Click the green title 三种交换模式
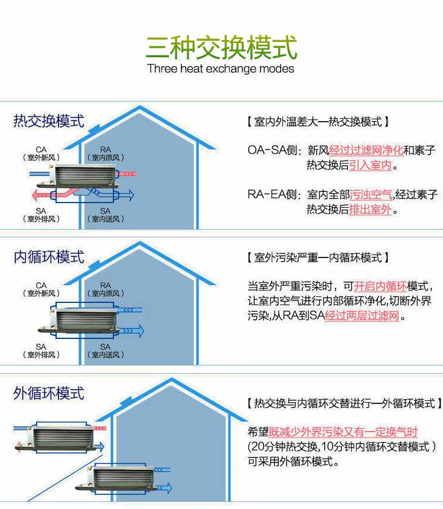tap(221, 47)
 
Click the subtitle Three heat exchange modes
tap(221, 68)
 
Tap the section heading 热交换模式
tap(49, 121)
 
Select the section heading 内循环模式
tap(49, 257)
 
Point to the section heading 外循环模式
tap(49, 393)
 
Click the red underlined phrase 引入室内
tap(370, 165)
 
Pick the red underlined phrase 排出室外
tap(370, 210)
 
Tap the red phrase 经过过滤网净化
tap(366, 150)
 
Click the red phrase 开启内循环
tap(381, 286)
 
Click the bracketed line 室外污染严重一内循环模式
tap(317, 258)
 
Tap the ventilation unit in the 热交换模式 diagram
tap(84, 175)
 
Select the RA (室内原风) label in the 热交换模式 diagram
tap(106, 154)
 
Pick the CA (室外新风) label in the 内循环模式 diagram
tap(41, 289)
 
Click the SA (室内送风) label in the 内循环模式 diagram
tap(105, 351)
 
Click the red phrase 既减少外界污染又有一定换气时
tap(343, 432)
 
